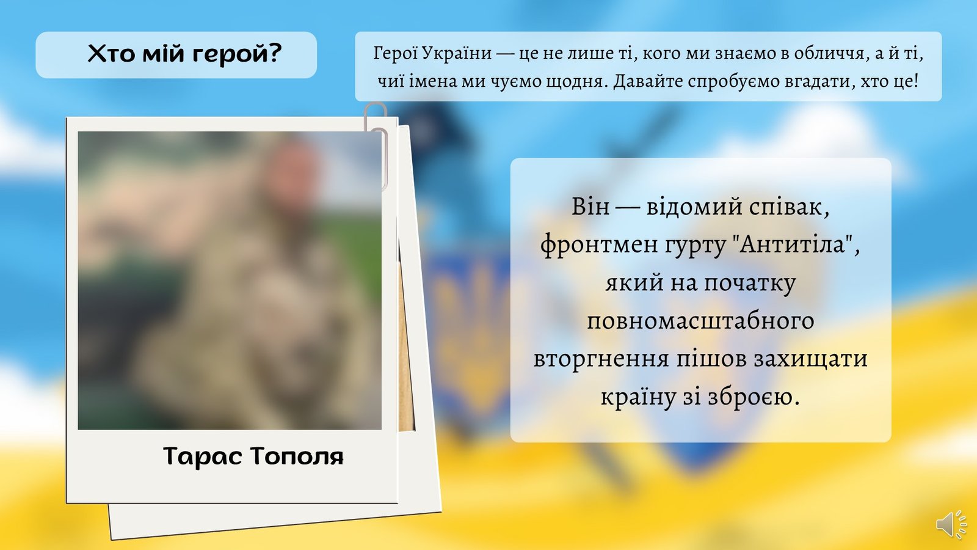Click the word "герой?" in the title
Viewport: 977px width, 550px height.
pos(237,54)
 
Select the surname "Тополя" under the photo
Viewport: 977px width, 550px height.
pos(297,456)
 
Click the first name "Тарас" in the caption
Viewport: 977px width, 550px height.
pos(203,456)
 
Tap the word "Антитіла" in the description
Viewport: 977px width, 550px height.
pos(793,244)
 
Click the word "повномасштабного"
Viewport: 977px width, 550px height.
pos(700,321)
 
